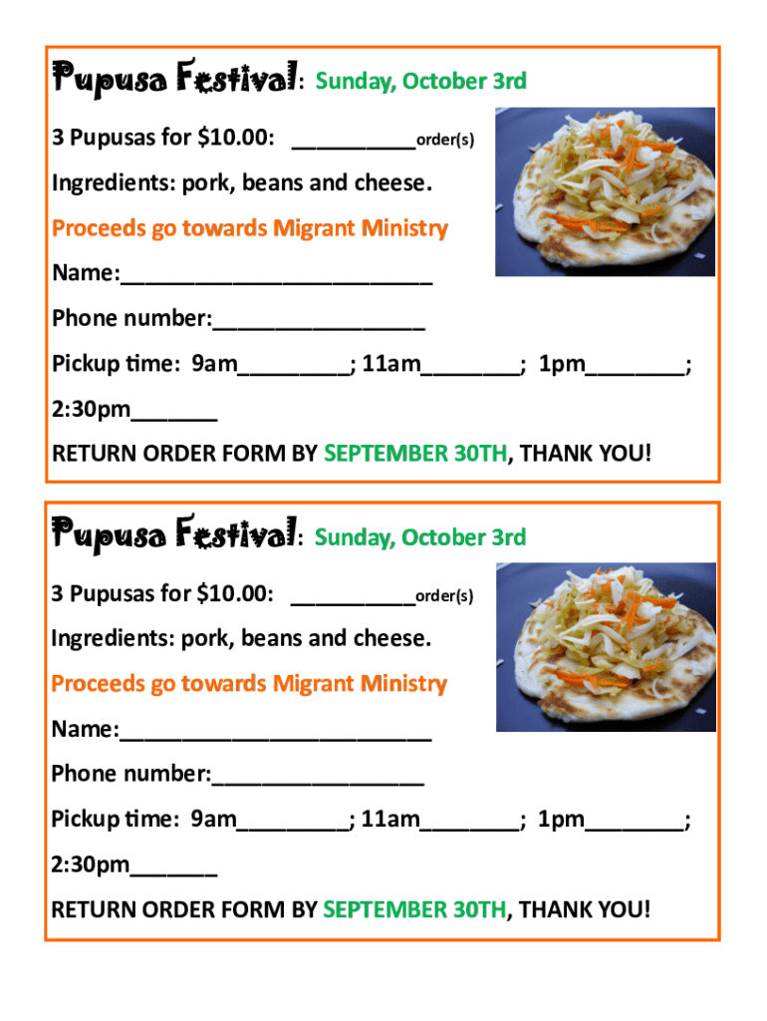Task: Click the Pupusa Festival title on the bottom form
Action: [174, 534]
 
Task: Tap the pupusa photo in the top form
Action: [605, 191]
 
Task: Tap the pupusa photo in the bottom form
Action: [605, 646]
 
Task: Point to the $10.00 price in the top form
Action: [232, 138]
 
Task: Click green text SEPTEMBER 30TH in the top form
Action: [415, 454]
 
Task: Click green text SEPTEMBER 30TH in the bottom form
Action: [415, 909]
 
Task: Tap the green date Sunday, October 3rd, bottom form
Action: [420, 537]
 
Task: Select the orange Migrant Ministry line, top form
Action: [250, 228]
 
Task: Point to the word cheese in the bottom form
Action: [395, 638]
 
